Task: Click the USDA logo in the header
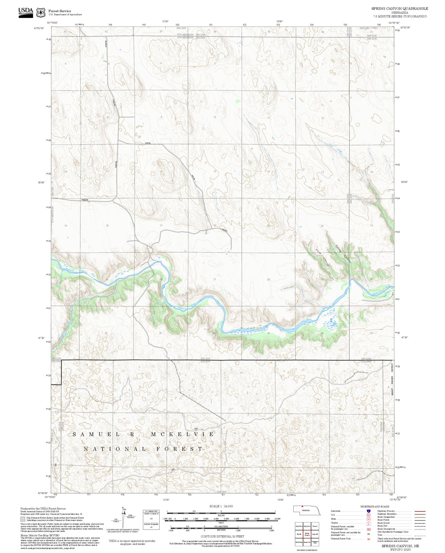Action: click(x=26, y=12)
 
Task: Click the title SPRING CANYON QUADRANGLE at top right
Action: click(x=400, y=9)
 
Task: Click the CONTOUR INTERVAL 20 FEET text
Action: click(x=222, y=536)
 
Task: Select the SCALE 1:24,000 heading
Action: click(x=221, y=506)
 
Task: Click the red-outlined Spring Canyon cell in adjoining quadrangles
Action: click(x=307, y=534)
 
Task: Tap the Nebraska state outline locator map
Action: click(x=307, y=511)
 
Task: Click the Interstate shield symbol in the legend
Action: click(x=368, y=511)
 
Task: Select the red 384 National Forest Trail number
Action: click(x=368, y=539)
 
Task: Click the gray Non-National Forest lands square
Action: click(x=23, y=519)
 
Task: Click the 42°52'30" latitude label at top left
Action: click(x=39, y=28)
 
